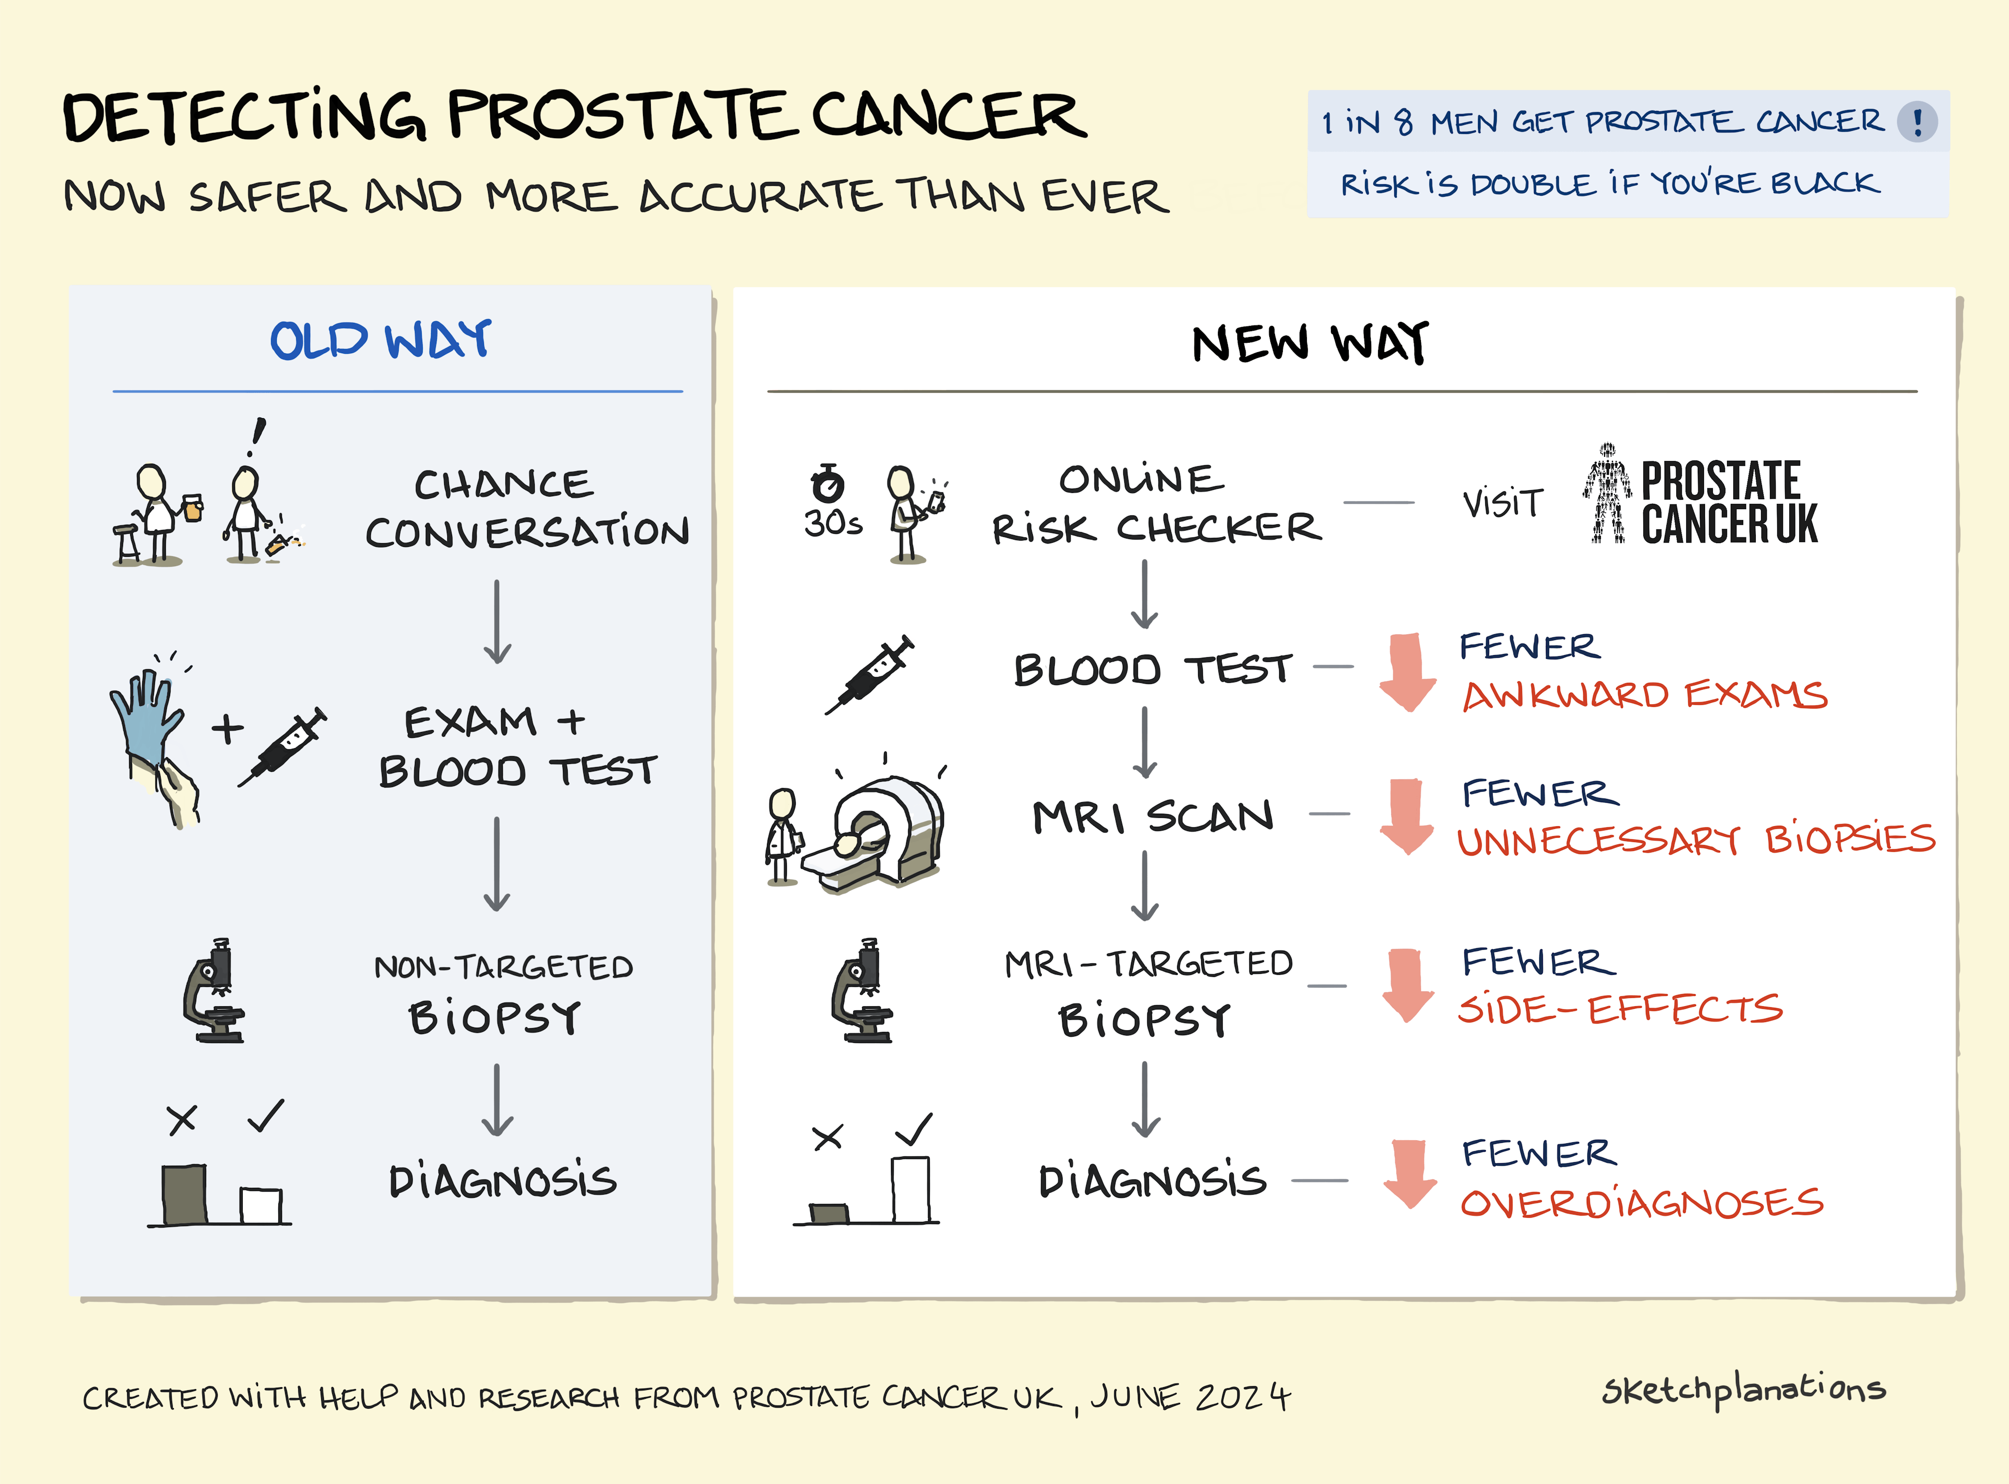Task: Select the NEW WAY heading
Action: coord(1310,343)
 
